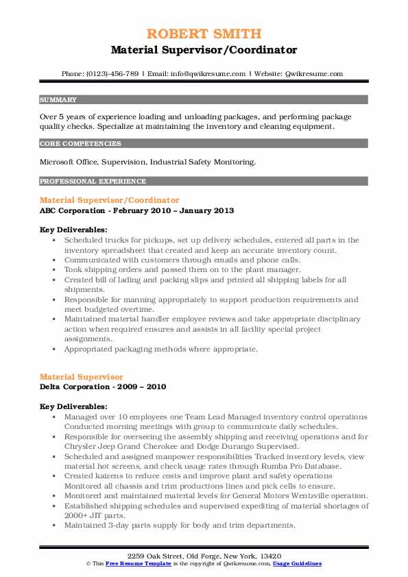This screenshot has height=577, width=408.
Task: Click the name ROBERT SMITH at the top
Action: pos(203,34)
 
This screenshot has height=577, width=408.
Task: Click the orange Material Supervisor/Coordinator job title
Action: pos(110,200)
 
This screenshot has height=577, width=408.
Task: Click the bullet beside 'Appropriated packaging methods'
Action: pos(54,349)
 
